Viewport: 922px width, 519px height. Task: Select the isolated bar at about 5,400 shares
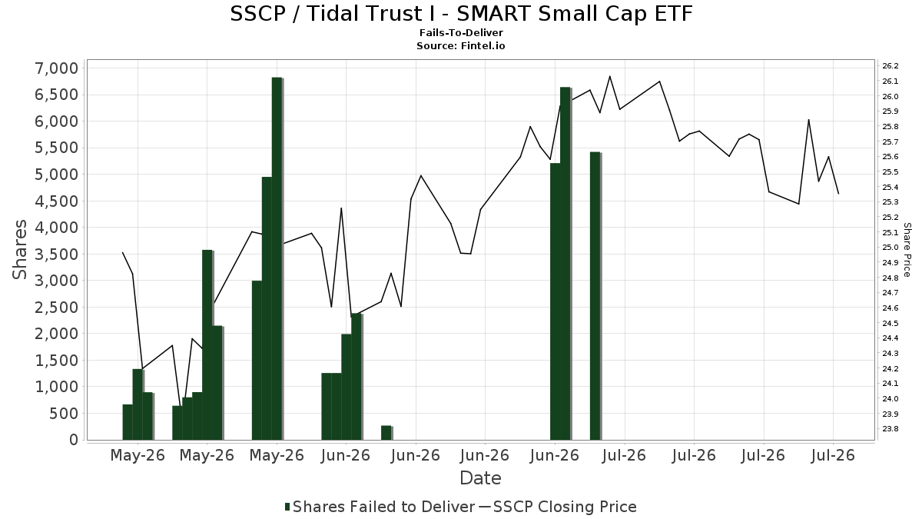click(x=595, y=296)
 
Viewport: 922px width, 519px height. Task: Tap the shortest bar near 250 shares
click(x=386, y=433)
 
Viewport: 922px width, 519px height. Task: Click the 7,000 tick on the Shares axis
click(x=57, y=68)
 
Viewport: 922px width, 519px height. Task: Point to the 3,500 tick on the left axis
click(x=57, y=255)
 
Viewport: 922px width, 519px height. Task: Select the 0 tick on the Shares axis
click(x=74, y=440)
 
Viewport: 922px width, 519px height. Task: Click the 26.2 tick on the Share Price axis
click(x=890, y=66)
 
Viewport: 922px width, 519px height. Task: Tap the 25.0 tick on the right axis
click(x=890, y=248)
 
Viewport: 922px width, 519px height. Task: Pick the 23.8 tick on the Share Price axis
click(x=890, y=429)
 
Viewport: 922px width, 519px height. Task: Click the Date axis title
click(x=480, y=478)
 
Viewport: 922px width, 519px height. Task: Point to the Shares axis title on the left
click(x=19, y=250)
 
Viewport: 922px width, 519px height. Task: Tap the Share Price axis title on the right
click(x=907, y=250)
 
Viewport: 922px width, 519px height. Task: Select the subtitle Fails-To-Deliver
click(x=461, y=32)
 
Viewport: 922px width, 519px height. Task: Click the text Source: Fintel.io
click(x=460, y=45)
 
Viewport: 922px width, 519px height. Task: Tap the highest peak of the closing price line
click(x=609, y=76)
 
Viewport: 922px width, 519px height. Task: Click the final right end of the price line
click(x=838, y=194)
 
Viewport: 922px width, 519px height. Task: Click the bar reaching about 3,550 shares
click(x=207, y=344)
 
